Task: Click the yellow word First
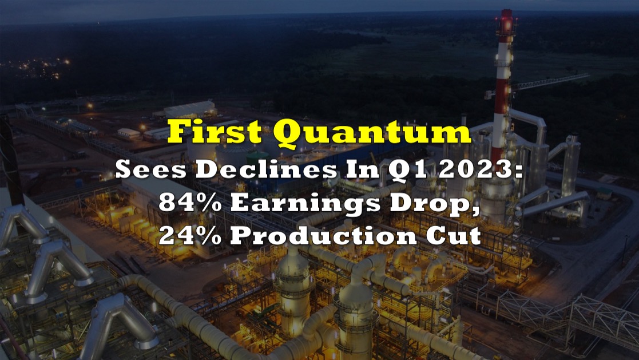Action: click(215, 132)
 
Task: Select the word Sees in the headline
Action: click(150, 169)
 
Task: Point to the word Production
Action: click(323, 235)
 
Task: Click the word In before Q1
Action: click(363, 169)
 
